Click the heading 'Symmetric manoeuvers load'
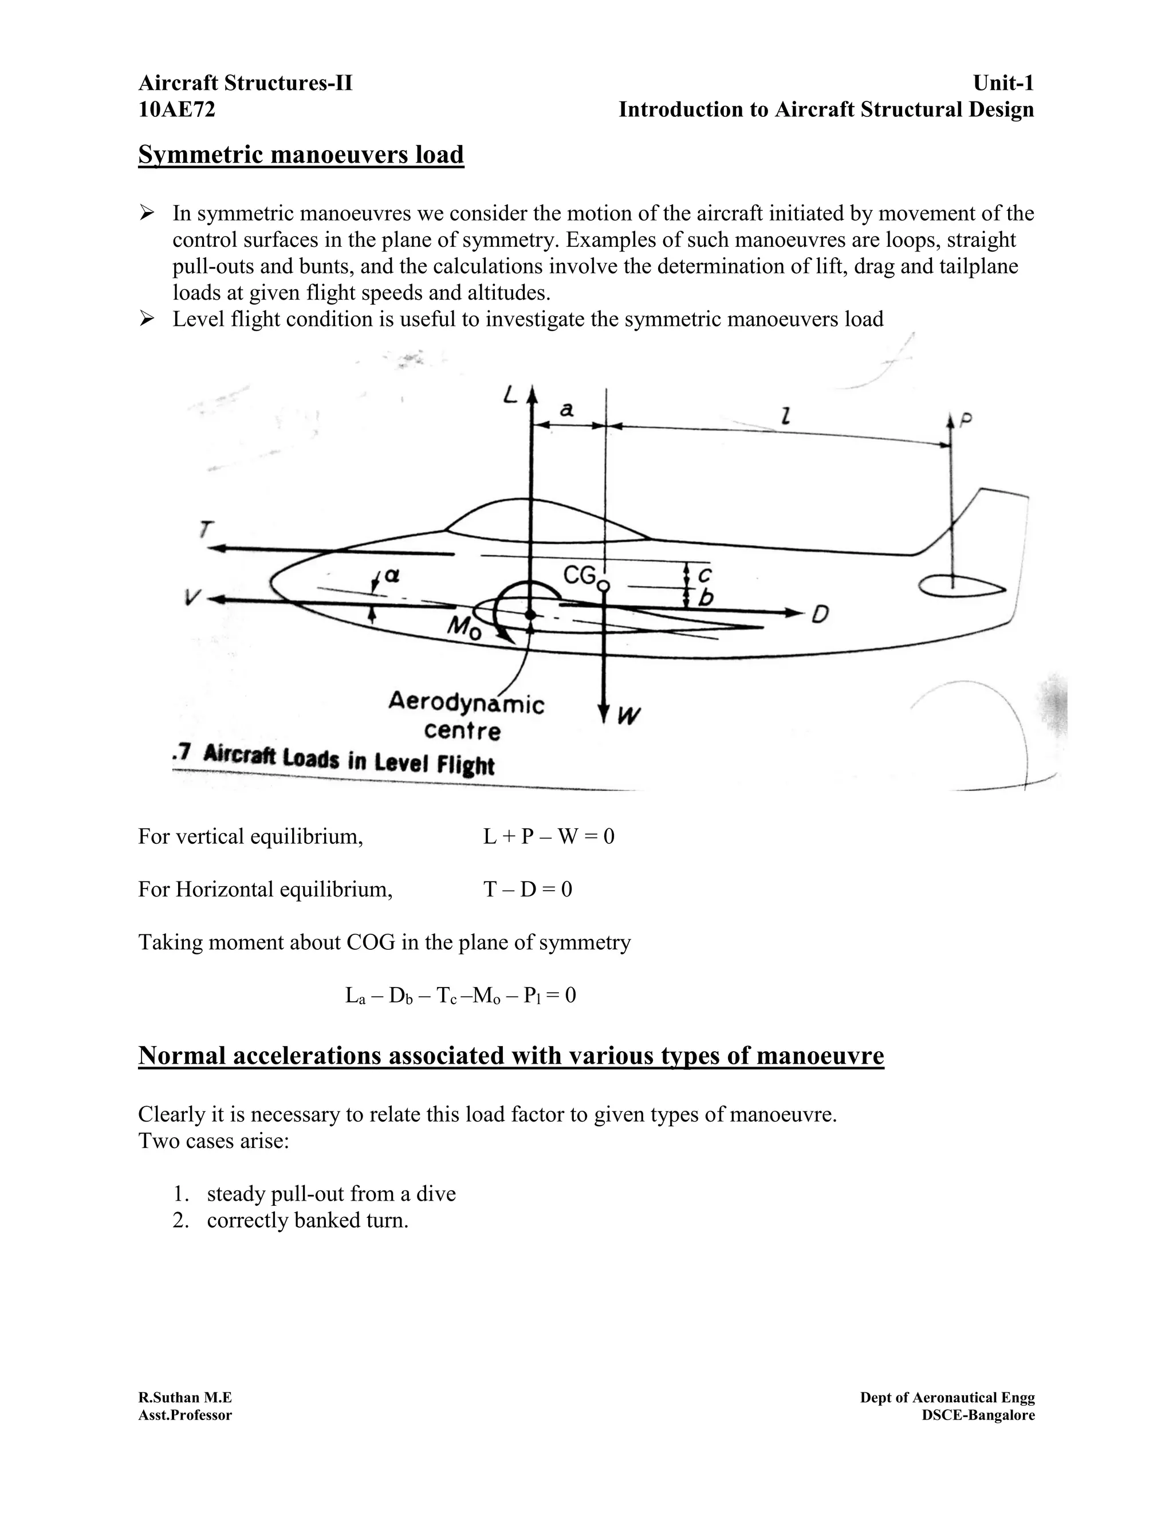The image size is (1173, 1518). (301, 154)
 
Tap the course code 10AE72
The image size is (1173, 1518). (176, 110)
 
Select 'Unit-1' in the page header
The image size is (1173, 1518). (1003, 84)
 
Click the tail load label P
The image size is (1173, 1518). (965, 420)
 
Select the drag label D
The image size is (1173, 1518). (820, 615)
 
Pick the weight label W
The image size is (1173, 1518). (628, 715)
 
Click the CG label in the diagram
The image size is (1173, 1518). (580, 576)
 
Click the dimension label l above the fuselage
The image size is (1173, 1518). (785, 416)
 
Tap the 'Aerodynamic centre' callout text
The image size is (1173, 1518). (466, 716)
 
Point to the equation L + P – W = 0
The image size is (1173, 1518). (548, 836)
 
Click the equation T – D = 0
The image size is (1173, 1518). (528, 890)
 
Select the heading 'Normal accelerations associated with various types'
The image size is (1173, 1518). (511, 1056)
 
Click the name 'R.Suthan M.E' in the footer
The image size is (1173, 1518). (185, 1397)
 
